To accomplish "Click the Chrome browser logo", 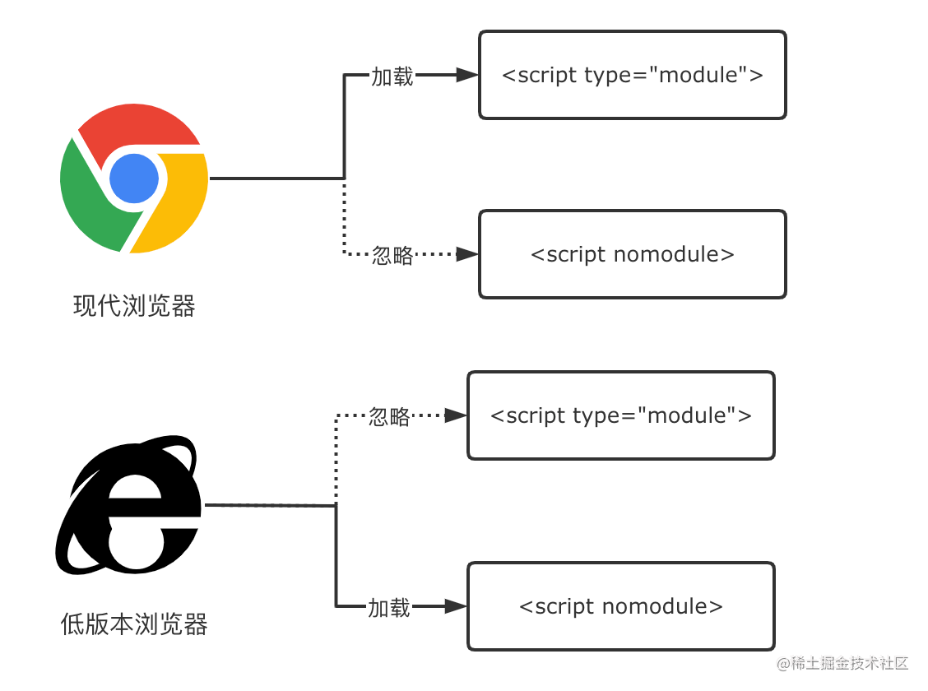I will (x=134, y=178).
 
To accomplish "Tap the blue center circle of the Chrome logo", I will (x=134, y=178).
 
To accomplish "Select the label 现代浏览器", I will (x=134, y=307).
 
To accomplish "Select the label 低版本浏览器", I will (x=134, y=624).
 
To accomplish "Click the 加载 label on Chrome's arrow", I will (x=392, y=77).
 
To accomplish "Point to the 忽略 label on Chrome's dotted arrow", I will (x=392, y=255).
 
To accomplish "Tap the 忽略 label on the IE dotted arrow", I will (x=389, y=417).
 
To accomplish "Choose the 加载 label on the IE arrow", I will (x=389, y=609).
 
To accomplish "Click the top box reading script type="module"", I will (x=632, y=75).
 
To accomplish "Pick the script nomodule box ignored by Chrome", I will (x=632, y=254).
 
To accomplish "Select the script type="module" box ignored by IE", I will (x=620, y=415).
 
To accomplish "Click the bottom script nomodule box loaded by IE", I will (x=620, y=606).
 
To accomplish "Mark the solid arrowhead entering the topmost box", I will (x=467, y=75).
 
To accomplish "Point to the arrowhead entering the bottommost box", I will (x=456, y=607).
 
